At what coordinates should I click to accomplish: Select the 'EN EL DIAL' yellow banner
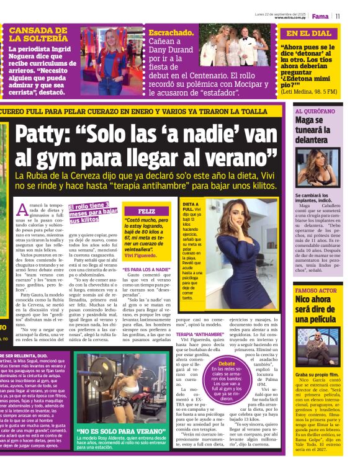coord(309,33)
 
